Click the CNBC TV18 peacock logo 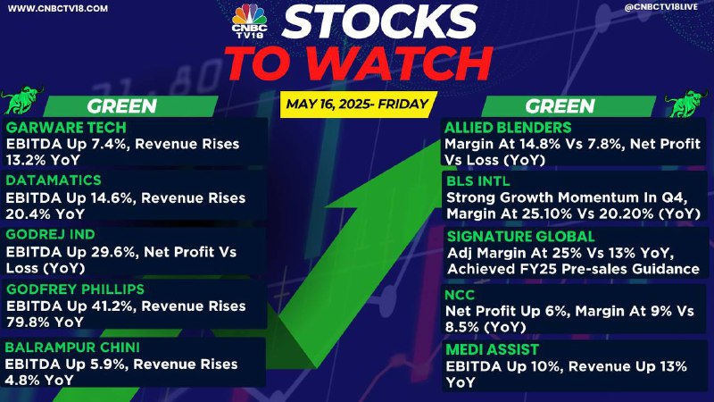coord(249,21)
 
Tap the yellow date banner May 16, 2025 coord(359,104)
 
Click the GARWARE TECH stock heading coord(66,128)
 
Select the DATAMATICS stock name coord(54,180)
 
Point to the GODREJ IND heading coord(50,234)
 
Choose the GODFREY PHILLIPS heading coord(75,289)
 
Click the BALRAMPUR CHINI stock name coord(72,348)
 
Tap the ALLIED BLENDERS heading coord(508,128)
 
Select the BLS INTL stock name coord(478,181)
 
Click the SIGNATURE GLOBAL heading coord(521,236)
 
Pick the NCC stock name coord(460,295)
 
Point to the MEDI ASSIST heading coord(493,349)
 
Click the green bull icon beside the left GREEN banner coord(21,100)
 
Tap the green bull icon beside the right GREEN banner coord(688,103)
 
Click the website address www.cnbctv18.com coord(58,9)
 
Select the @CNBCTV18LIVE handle coord(661,7)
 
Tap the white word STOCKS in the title coord(379,21)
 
